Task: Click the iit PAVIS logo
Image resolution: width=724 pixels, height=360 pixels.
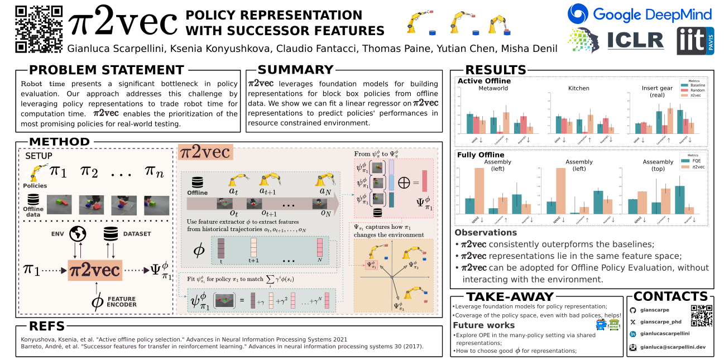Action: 695,41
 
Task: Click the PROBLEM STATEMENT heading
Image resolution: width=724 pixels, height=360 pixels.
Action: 106,70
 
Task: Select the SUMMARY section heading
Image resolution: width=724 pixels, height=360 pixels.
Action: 295,70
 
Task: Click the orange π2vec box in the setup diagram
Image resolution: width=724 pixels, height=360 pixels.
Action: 94,270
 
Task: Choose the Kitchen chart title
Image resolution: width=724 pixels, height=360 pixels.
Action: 578,88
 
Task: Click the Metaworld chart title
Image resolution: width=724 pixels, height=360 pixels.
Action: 493,88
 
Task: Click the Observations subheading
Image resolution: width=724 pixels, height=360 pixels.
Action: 486,233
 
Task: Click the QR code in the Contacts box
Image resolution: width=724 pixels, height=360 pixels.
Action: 702,315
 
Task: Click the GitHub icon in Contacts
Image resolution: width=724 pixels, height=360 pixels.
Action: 632,310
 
